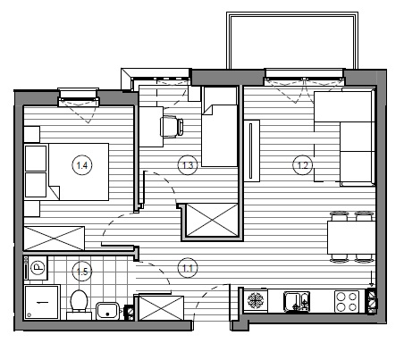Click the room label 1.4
82,165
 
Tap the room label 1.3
188,165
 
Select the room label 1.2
303,165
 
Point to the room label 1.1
188,268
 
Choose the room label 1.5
82,272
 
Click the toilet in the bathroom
79,305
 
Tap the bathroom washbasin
107,311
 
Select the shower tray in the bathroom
42,302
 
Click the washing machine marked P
36,268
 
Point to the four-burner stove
347,302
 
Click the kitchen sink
297,302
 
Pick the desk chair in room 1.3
172,127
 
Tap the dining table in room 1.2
351,238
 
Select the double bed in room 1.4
66,172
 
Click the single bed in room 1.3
220,127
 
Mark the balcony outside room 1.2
292,40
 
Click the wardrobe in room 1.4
55,239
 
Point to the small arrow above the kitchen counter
371,279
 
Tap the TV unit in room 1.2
252,151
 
